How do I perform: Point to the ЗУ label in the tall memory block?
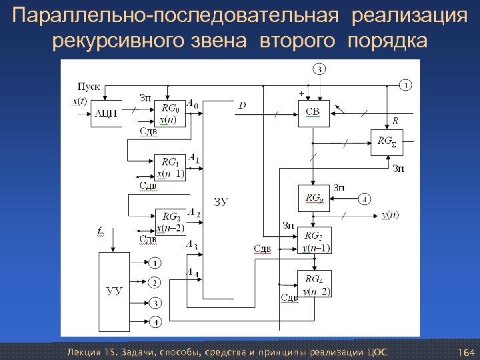click(x=221, y=201)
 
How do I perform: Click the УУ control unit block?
click(x=114, y=291)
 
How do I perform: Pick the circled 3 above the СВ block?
click(x=320, y=69)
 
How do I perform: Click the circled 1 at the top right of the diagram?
click(x=406, y=85)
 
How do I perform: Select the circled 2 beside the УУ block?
click(x=155, y=282)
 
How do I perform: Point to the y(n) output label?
click(x=390, y=215)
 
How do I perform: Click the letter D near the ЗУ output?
click(x=241, y=105)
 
